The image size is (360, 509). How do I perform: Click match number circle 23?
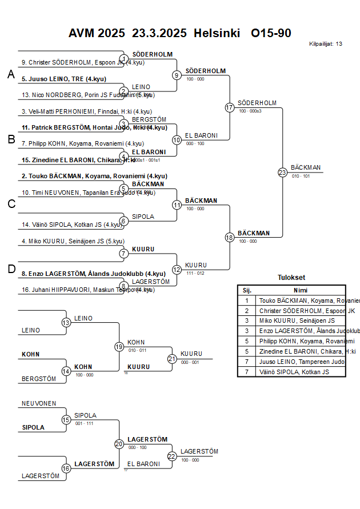click(x=282, y=172)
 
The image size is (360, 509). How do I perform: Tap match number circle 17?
click(x=230, y=107)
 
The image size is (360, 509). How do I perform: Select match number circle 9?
click(x=177, y=75)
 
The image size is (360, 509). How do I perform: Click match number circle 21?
click(x=172, y=359)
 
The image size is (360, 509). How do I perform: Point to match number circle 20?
click(x=119, y=443)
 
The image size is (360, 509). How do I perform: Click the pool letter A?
click(x=11, y=74)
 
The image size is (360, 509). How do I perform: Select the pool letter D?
click(x=11, y=269)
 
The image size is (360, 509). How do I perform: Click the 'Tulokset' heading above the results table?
click(x=291, y=278)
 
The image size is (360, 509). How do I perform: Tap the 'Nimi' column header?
click(x=301, y=290)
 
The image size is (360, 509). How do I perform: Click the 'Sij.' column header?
click(x=247, y=290)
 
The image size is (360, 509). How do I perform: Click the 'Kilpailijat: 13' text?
click(x=326, y=44)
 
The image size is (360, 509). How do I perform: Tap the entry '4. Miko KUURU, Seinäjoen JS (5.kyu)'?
click(x=73, y=241)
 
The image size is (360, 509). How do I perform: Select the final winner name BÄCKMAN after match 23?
click(x=306, y=167)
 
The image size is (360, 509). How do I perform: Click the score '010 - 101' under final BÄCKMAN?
click(x=301, y=176)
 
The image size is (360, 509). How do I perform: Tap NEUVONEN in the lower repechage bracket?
click(x=39, y=403)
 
